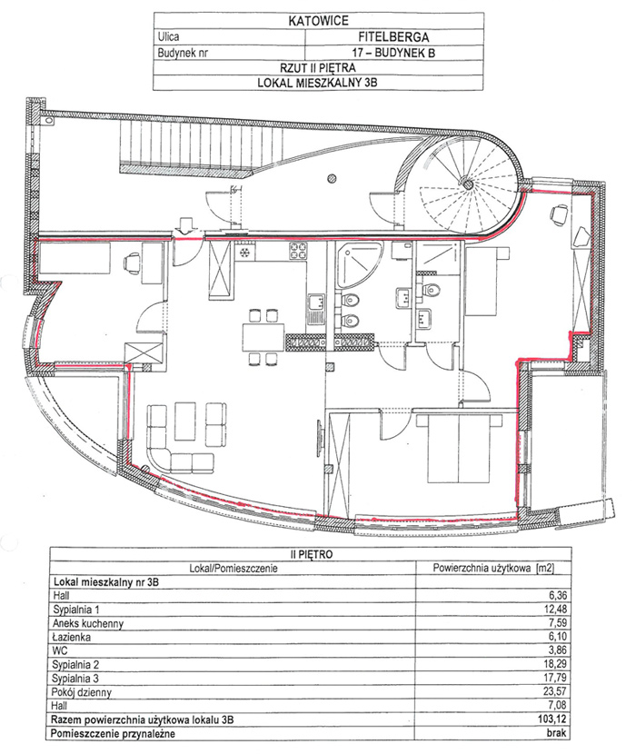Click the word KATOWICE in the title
click(318, 21)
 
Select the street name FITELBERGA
click(393, 36)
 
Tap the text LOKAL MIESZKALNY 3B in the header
click(317, 83)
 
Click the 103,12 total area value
click(552, 719)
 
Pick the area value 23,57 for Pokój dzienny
click(555, 691)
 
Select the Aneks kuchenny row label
click(88, 624)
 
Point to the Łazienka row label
click(72, 637)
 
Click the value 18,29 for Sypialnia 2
click(555, 664)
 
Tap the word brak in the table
click(557, 733)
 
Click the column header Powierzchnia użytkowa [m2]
click(493, 568)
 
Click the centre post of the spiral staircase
click(467, 184)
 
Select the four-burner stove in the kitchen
click(298, 251)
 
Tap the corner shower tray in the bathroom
click(359, 265)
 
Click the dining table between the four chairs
click(263, 338)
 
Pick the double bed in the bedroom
click(459, 448)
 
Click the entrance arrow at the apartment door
click(185, 226)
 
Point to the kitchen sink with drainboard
click(315, 310)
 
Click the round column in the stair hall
click(331, 179)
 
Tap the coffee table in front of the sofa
click(184, 422)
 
